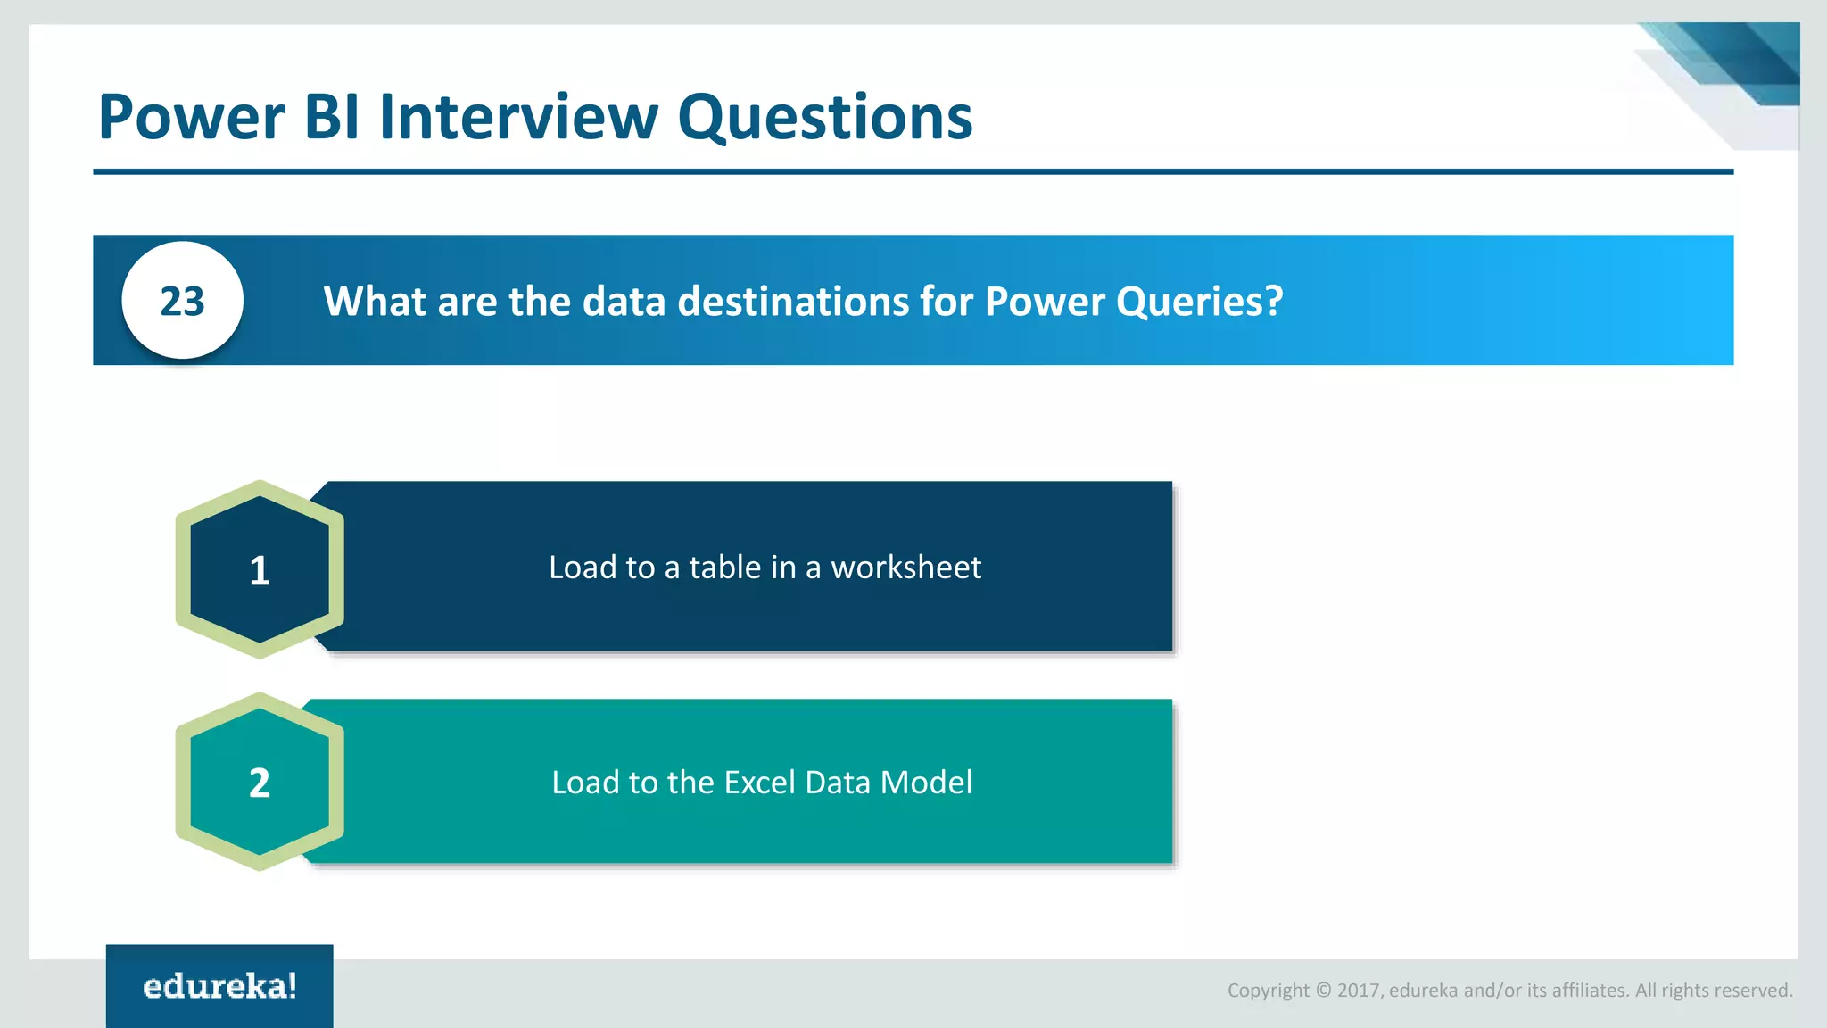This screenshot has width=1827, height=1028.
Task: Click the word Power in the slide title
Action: pos(192,118)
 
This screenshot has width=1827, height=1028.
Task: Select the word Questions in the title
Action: pos(825,118)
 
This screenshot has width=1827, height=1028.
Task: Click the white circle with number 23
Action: pos(183,301)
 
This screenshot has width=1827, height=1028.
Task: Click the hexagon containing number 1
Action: pos(260,569)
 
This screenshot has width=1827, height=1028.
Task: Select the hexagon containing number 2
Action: pos(260,782)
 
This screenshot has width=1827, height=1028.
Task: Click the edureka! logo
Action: pos(219,986)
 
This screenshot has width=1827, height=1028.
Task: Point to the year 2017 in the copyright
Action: pos(1358,991)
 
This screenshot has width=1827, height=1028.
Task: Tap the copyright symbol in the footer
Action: pos(1323,991)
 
